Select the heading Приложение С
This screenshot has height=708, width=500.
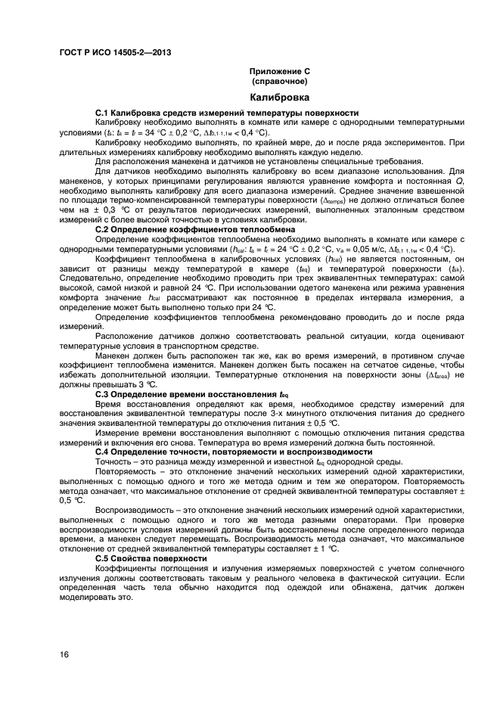click(280, 70)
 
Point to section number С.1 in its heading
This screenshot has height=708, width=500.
click(103, 113)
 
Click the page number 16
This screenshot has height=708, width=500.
click(65, 654)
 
